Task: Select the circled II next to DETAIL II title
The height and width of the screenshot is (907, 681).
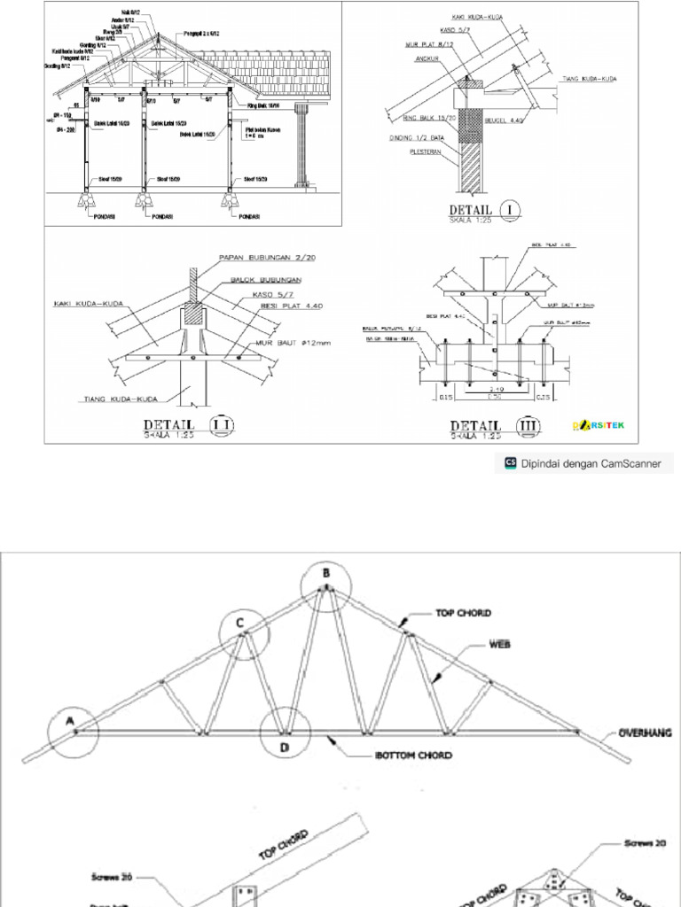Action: (x=220, y=425)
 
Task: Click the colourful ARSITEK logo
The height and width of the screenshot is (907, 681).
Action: (x=600, y=426)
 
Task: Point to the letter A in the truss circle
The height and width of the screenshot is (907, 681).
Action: (x=69, y=721)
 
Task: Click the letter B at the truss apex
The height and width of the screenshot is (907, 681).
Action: (x=325, y=573)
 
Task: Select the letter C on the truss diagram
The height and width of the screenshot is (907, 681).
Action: (x=240, y=623)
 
